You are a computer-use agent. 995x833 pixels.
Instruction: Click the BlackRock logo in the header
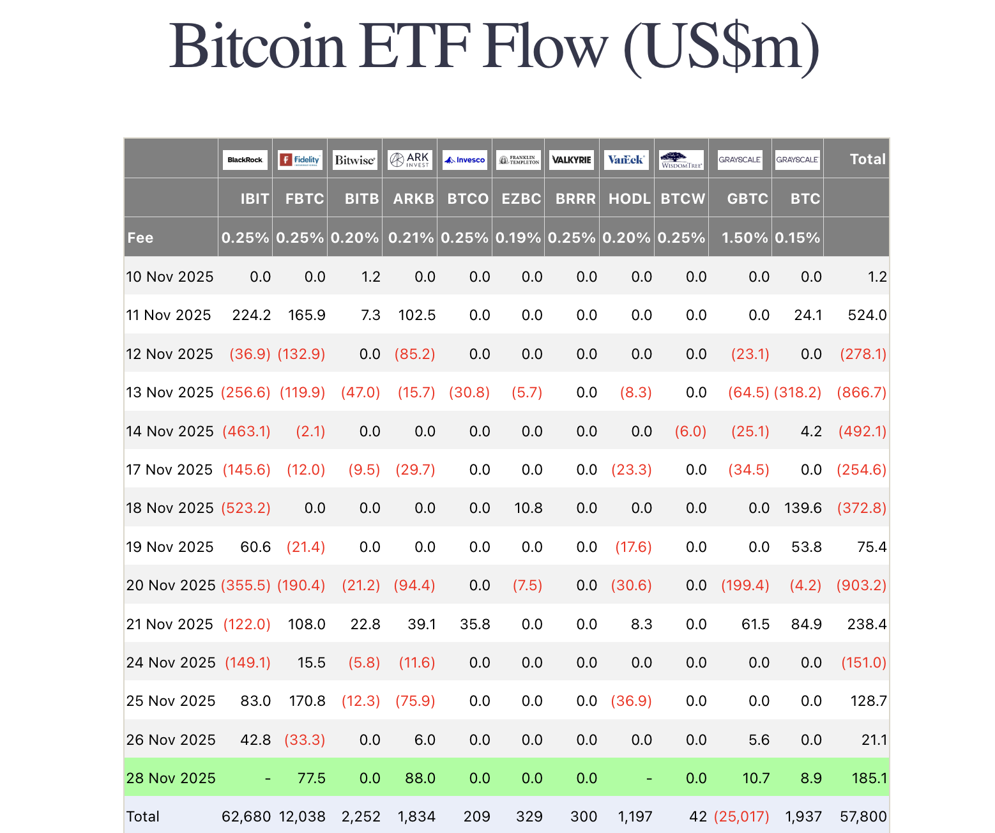[x=245, y=160]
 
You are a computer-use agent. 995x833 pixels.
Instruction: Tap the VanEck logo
[x=626, y=160]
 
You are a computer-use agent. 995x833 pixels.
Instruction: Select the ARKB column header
[x=413, y=199]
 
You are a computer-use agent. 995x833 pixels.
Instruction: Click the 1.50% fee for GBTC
[x=744, y=238]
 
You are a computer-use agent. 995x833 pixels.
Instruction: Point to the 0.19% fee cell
[x=518, y=238]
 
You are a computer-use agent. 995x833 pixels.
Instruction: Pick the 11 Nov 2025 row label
[x=169, y=315]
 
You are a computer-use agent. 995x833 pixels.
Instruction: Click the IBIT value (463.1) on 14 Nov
[x=247, y=431]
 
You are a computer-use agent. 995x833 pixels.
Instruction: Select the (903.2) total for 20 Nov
[x=862, y=585]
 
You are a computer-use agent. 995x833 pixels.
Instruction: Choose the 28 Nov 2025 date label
[x=171, y=778]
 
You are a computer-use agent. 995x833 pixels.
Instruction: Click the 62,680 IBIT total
[x=246, y=816]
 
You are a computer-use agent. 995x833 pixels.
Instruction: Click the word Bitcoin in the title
[x=257, y=47]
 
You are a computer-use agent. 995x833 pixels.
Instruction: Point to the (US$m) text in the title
[x=721, y=47]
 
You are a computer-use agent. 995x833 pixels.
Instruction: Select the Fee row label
[x=141, y=238]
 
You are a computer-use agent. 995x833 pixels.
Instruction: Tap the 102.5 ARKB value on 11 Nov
[x=416, y=315]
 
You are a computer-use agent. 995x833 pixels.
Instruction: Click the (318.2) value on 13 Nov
[x=798, y=392]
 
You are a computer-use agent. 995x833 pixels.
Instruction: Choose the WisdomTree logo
[x=681, y=160]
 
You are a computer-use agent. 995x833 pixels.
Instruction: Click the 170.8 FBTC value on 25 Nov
[x=307, y=701]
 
